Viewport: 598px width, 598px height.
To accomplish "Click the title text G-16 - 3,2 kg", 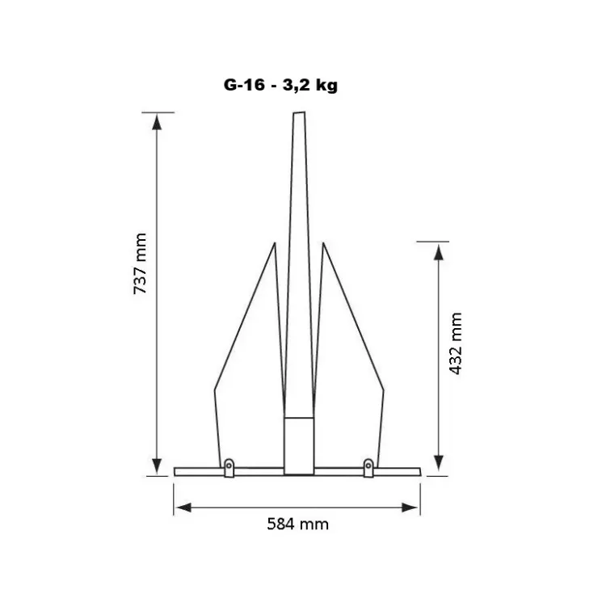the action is click(280, 85).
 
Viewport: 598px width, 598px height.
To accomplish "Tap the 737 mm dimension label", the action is click(140, 263).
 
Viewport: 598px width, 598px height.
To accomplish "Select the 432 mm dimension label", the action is click(456, 343).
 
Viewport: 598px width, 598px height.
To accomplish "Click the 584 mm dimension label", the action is click(298, 524).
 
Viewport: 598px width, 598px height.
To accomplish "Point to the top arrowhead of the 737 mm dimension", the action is click(157, 122).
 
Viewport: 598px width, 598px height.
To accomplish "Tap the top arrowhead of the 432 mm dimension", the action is click(439, 251).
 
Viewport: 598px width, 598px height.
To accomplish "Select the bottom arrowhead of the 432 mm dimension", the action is click(439, 464).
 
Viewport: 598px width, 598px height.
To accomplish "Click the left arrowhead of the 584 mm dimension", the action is click(183, 507).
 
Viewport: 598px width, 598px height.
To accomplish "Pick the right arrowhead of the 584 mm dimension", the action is click(411, 507).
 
